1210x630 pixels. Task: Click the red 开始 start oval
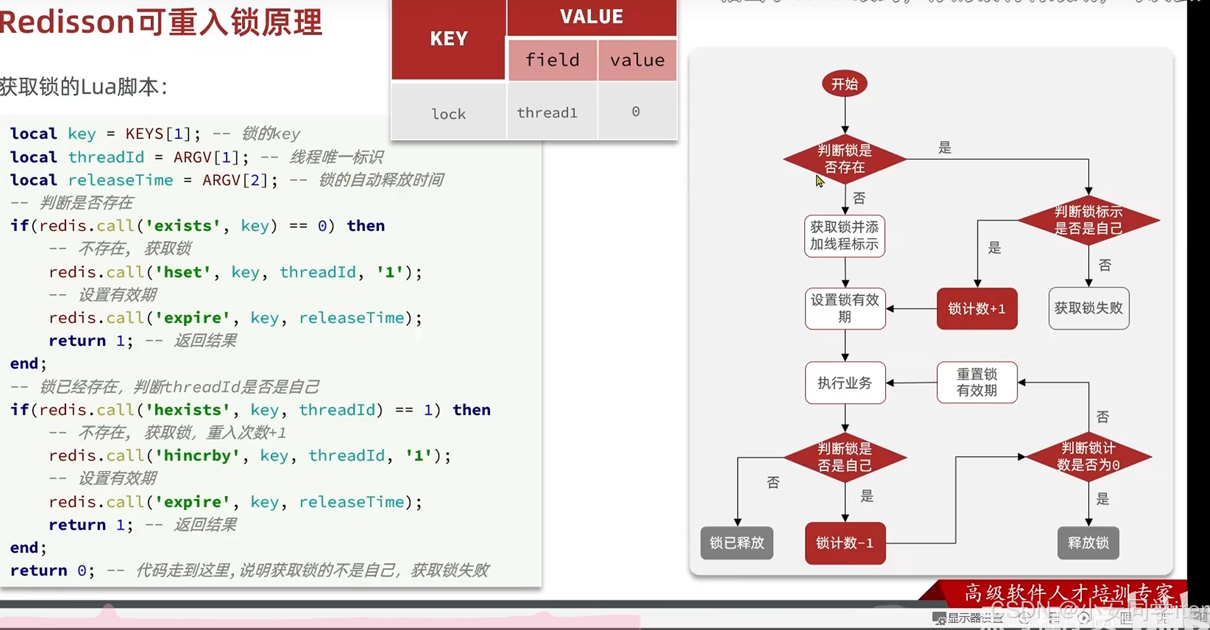(844, 84)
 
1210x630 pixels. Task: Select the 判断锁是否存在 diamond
(844, 159)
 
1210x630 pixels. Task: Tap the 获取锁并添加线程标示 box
(844, 236)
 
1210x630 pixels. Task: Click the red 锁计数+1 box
(976, 309)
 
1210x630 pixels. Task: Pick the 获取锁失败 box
(1088, 308)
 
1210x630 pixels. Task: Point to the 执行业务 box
(844, 383)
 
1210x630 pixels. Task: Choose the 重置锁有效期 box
(976, 383)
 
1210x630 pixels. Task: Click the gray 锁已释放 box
(737, 543)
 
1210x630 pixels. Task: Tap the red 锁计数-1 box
(844, 543)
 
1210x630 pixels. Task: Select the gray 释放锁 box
(1088, 543)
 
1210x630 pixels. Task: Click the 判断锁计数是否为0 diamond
(1088, 457)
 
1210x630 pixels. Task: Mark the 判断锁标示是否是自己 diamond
(1088, 220)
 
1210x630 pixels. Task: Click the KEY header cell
(448, 39)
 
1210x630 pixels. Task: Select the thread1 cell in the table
(547, 113)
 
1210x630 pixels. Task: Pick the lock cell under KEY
(448, 114)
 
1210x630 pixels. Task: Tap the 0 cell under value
(635, 112)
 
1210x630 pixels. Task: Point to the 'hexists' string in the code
(188, 410)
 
